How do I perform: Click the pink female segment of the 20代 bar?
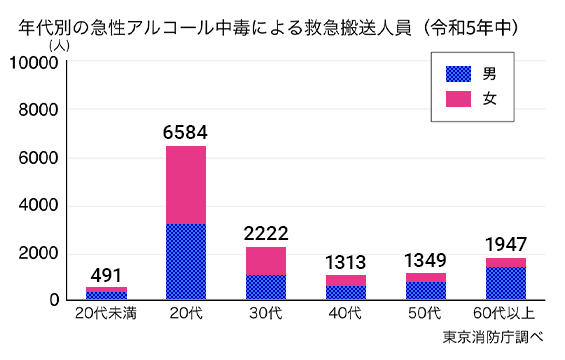[x=185, y=185]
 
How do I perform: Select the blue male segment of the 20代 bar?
[x=185, y=262]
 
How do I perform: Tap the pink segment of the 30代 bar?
[x=265, y=261]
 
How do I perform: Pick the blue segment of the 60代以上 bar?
[x=505, y=283]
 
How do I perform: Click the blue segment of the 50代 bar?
[x=425, y=290]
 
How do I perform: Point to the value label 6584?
[x=185, y=132]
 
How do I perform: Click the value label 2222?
[x=265, y=232]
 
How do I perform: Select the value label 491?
[x=105, y=275]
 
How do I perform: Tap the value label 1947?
[x=505, y=244]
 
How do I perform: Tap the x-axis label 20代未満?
[x=105, y=315]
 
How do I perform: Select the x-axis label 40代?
[x=345, y=315]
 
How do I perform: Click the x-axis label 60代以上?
[x=505, y=315]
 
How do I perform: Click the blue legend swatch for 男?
[x=458, y=74]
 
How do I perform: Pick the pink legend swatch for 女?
[x=458, y=98]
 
